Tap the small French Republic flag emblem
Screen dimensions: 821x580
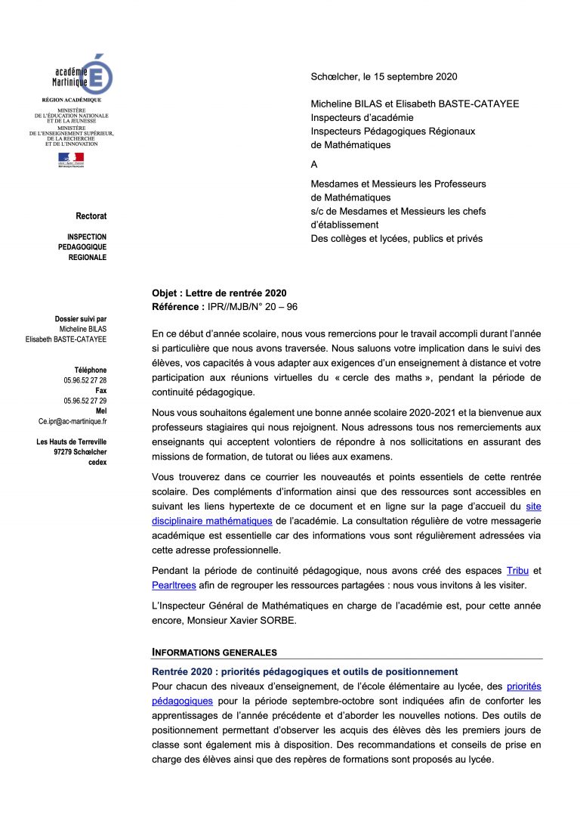coord(72,160)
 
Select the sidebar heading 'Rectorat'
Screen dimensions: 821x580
coord(91,216)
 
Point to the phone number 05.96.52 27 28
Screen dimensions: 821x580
coord(85,380)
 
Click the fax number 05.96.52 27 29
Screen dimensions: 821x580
coord(85,401)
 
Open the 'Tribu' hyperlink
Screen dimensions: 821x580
coord(517,570)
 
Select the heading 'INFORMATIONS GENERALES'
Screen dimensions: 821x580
coord(214,652)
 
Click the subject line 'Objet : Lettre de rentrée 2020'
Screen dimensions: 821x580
coord(219,293)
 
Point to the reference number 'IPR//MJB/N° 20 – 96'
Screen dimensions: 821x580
coord(255,306)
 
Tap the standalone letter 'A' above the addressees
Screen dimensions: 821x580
coord(315,164)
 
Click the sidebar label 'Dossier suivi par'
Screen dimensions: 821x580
coord(81,319)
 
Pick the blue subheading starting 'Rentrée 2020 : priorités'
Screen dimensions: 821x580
coord(305,671)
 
